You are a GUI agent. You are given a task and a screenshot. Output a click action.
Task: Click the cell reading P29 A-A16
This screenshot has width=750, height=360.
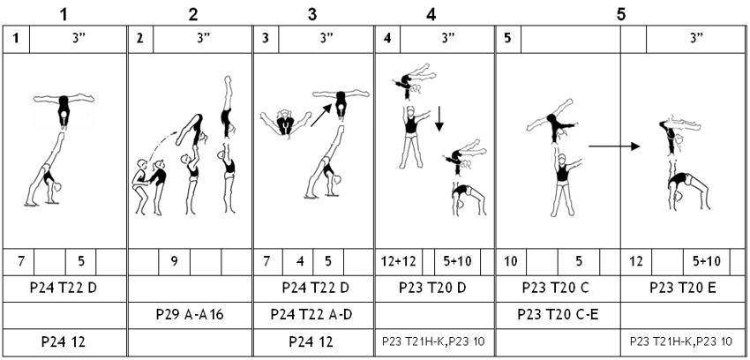click(x=190, y=315)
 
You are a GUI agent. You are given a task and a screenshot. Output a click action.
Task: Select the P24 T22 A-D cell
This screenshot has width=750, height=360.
click(x=313, y=315)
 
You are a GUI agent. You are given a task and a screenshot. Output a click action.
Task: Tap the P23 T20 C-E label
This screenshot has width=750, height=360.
click(x=558, y=315)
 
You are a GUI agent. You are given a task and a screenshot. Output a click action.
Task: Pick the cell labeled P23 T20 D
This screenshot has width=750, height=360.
click(x=434, y=289)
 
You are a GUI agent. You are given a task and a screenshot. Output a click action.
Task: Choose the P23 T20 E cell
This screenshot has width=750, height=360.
click(x=684, y=289)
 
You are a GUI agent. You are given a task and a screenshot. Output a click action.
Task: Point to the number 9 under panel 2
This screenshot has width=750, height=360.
click(x=175, y=262)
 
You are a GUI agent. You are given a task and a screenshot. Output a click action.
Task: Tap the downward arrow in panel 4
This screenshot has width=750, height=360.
click(x=439, y=119)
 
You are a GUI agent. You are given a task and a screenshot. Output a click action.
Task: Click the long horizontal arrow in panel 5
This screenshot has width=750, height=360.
click(x=614, y=146)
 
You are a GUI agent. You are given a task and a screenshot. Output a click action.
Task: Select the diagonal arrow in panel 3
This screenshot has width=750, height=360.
click(x=320, y=116)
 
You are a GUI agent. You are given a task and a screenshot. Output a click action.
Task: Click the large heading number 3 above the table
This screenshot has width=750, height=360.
click(x=312, y=14)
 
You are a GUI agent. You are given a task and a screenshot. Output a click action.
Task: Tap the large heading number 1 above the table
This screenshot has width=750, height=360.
click(x=64, y=14)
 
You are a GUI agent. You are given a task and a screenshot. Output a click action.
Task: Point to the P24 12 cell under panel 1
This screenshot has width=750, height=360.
click(x=64, y=341)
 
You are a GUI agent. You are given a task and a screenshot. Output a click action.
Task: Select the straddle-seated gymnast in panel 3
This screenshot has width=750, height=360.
click(x=286, y=123)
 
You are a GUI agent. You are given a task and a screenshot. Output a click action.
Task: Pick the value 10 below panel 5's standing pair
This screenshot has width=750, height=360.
click(x=511, y=262)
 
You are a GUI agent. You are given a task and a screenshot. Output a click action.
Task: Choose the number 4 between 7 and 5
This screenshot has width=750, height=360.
click(x=299, y=262)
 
